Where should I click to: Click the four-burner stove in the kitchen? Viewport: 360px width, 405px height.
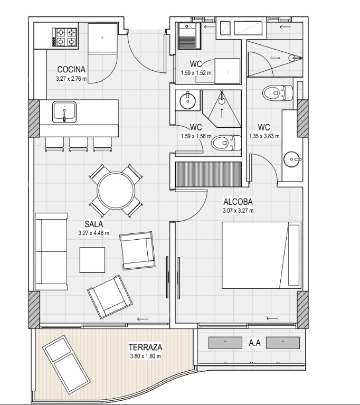[65, 37]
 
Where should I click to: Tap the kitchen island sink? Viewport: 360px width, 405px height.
[64, 112]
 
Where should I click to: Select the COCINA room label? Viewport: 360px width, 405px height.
[71, 69]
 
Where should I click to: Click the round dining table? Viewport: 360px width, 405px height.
[116, 191]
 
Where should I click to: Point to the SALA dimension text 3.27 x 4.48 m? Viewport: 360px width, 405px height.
[94, 233]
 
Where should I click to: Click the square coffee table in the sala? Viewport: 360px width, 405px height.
[92, 260]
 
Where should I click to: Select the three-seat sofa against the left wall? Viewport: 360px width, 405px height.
[51, 251]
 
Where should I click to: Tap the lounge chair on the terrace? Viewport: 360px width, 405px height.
[67, 361]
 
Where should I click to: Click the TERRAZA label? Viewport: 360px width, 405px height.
[145, 347]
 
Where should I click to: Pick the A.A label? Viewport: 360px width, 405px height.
[254, 343]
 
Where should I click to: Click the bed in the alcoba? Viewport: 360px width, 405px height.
[262, 255]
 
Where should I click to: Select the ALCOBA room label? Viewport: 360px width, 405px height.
[238, 202]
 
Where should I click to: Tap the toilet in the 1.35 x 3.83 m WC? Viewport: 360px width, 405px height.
[278, 93]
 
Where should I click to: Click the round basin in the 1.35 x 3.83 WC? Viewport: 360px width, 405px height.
[292, 159]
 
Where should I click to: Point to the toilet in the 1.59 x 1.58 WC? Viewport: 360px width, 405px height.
[226, 143]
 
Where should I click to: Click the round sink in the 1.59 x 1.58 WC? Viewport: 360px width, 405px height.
[188, 100]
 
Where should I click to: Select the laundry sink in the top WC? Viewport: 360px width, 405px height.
[190, 36]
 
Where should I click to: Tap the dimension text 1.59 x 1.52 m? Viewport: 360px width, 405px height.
[196, 73]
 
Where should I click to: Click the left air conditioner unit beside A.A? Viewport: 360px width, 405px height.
[225, 343]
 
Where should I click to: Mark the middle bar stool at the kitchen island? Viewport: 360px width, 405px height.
[79, 144]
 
